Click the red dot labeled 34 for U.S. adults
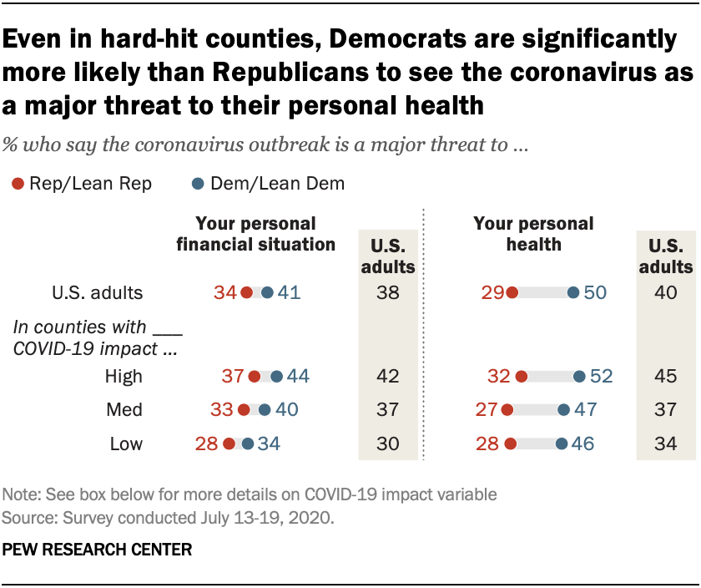point(246,293)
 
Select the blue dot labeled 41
point(266,293)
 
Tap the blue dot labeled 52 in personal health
point(579,377)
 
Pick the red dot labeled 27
point(506,410)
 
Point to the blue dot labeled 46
point(562,444)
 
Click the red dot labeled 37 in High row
point(255,377)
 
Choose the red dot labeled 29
point(512,293)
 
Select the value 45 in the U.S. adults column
point(664,377)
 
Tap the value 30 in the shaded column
point(387,444)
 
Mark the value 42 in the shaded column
point(387,377)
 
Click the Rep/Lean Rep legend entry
point(82,184)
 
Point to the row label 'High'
point(124,377)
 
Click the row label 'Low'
point(126,444)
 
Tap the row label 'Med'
point(125,410)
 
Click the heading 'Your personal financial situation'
point(255,235)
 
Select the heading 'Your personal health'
point(533,235)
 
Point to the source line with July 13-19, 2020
point(169,518)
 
